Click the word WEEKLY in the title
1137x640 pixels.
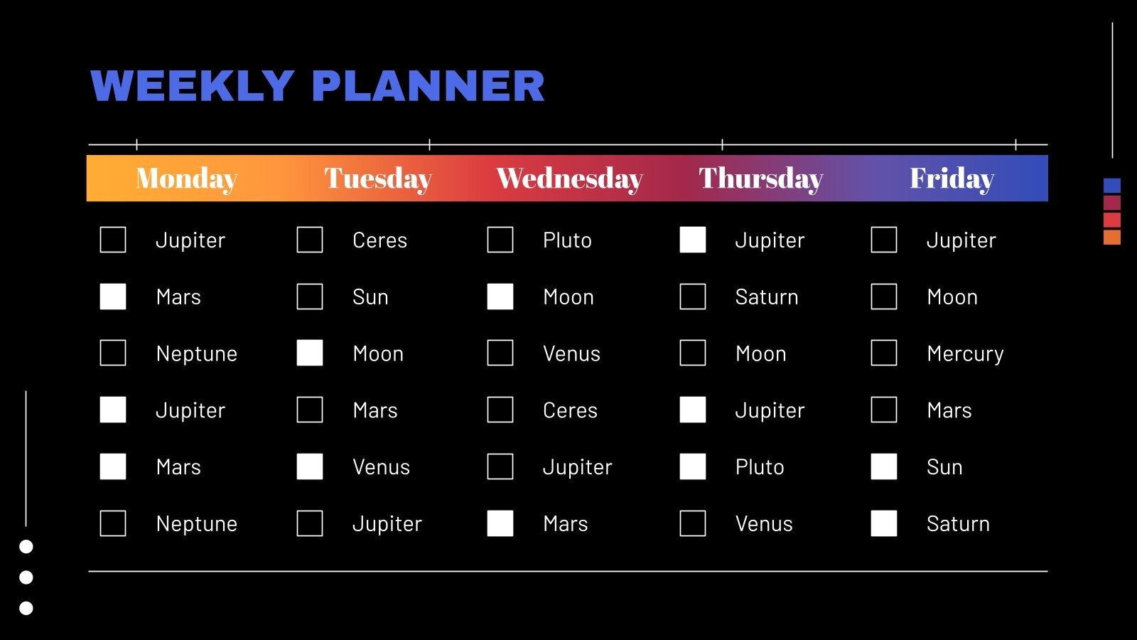pyautogui.click(x=193, y=86)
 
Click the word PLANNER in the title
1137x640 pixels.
pyautogui.click(x=428, y=86)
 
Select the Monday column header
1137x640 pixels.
pyautogui.click(x=186, y=178)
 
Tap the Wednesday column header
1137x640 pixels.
pyautogui.click(x=569, y=178)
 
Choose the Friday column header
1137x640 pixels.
pyautogui.click(x=952, y=178)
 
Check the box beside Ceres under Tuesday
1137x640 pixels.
pyautogui.click(x=310, y=240)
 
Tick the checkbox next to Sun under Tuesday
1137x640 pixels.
pyautogui.click(x=310, y=297)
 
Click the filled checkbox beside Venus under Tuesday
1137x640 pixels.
pyautogui.click(x=310, y=466)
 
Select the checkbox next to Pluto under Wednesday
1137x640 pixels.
pyautogui.click(x=500, y=240)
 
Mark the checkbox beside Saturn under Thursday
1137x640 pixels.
pyautogui.click(x=693, y=297)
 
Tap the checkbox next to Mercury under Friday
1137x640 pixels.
pyautogui.click(x=884, y=353)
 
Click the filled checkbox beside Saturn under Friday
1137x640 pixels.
pyautogui.click(x=884, y=523)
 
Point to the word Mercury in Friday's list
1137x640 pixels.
pyautogui.click(x=965, y=353)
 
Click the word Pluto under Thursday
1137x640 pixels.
pyautogui.click(x=760, y=467)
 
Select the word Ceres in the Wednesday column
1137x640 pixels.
pyautogui.click(x=570, y=410)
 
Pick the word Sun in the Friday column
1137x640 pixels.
pyautogui.click(x=944, y=467)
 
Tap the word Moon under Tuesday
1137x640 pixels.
pyautogui.click(x=378, y=353)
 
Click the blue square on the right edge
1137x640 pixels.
pyautogui.click(x=1112, y=186)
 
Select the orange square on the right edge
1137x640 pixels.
pyautogui.click(x=1112, y=238)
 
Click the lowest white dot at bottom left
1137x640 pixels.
pyautogui.click(x=26, y=608)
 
